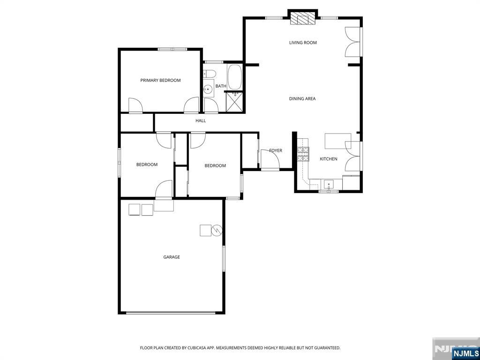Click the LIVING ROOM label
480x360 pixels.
pyautogui.click(x=303, y=43)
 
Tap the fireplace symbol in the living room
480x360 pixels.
pyautogui.click(x=302, y=18)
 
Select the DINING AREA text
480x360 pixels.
pyautogui.click(x=302, y=98)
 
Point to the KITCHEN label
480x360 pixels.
pyautogui.click(x=329, y=159)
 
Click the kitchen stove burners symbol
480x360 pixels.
pyautogui.click(x=303, y=154)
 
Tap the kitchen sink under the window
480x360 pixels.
pyautogui.click(x=329, y=185)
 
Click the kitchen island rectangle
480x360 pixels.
pyautogui.click(x=338, y=141)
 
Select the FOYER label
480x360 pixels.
pyautogui.click(x=276, y=150)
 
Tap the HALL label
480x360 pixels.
pyautogui.click(x=201, y=120)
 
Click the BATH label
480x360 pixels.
pyautogui.click(x=221, y=86)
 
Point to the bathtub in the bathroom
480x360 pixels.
pyautogui.click(x=234, y=77)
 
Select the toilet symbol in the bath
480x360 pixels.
pyautogui.click(x=210, y=74)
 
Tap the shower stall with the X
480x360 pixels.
pyautogui.click(x=234, y=102)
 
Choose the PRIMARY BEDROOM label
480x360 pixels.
pyautogui.click(x=160, y=80)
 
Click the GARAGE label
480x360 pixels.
pyautogui.click(x=172, y=257)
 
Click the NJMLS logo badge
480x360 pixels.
pyautogui.click(x=464, y=352)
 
